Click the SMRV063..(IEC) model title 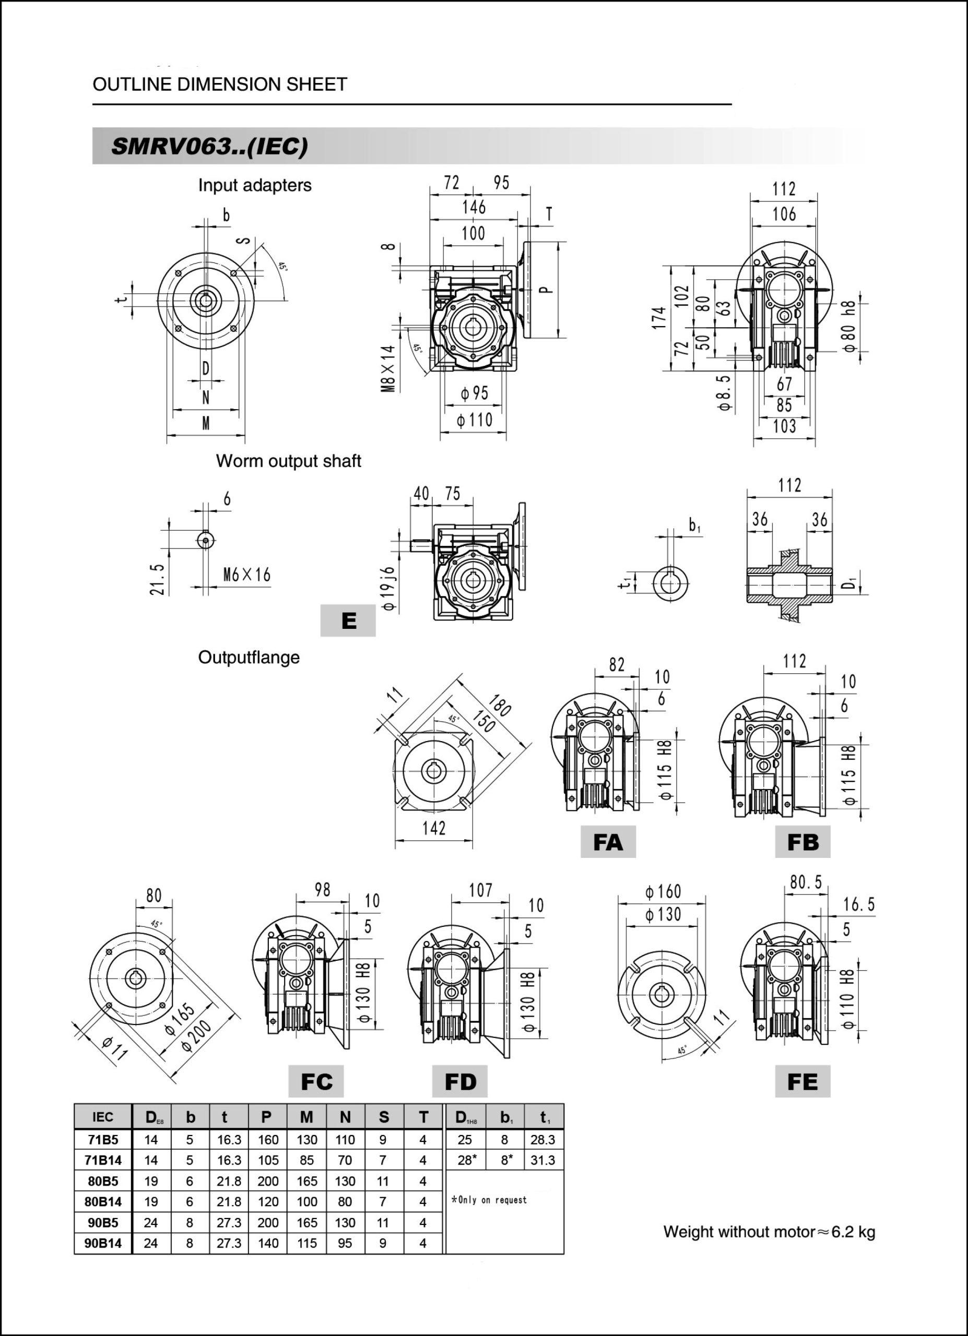click(x=209, y=146)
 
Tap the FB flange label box click(x=802, y=842)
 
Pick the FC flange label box click(x=316, y=1081)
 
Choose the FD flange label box click(x=459, y=1081)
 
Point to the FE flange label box click(x=802, y=1081)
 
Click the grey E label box click(x=348, y=621)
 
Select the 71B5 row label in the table click(x=103, y=1140)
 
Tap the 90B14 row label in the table click(x=103, y=1244)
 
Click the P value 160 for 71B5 click(x=267, y=1140)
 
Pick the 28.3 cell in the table click(x=542, y=1140)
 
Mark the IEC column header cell click(x=103, y=1117)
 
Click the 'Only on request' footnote click(x=489, y=1200)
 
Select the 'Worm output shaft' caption click(x=288, y=461)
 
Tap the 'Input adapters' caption click(x=254, y=185)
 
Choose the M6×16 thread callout click(x=247, y=575)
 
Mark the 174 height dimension click(x=659, y=318)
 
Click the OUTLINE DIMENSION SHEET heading click(x=220, y=84)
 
